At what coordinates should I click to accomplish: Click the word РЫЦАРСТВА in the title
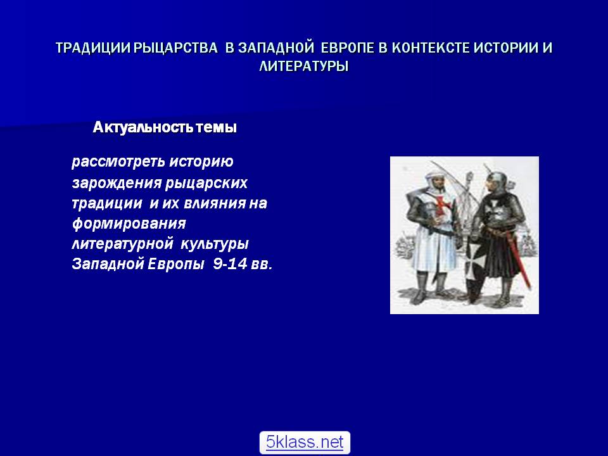pos(175,47)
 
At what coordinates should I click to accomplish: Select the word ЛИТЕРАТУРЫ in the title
pos(304,66)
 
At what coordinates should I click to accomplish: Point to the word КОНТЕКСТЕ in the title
pos(431,47)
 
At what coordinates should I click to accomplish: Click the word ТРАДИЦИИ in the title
pos(93,47)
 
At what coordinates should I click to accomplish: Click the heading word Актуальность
pos(142,127)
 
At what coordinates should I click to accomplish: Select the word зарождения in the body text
pos(117,183)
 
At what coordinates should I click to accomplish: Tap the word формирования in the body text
pos(129,224)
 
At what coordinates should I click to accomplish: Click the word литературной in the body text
pos(122,244)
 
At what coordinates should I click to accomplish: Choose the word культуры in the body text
pos(215,244)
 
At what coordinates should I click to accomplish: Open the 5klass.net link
pos(305,442)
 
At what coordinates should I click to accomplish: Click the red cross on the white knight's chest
pos(441,205)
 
